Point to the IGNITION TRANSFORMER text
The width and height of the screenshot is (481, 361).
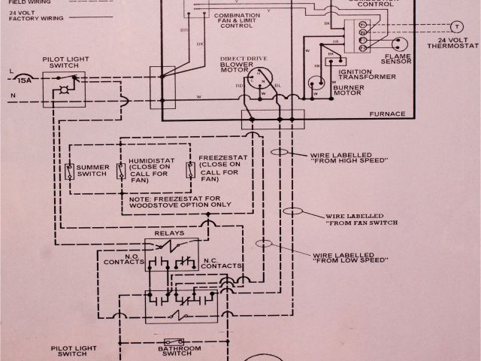[x=366, y=77]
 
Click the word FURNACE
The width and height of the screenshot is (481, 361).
[x=388, y=114]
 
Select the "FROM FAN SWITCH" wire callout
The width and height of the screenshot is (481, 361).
[x=362, y=220]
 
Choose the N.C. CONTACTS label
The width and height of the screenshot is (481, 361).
[x=222, y=264]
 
